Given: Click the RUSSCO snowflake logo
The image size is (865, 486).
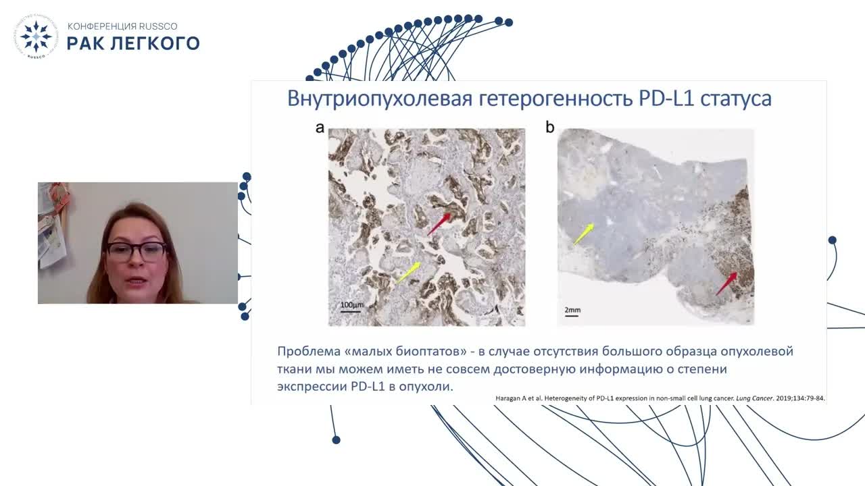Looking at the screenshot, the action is (x=36, y=36).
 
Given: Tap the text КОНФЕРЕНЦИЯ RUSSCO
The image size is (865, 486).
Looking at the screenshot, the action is (x=122, y=26).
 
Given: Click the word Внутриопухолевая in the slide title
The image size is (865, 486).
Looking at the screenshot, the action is (x=380, y=99).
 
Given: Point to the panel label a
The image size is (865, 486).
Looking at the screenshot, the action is (x=320, y=128).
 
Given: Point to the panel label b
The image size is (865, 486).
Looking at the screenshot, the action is (x=550, y=127).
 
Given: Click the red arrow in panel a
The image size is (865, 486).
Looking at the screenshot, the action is (x=439, y=224).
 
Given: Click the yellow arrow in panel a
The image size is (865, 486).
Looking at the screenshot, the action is (x=408, y=272).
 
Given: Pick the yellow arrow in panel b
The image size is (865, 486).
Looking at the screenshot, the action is (x=583, y=234).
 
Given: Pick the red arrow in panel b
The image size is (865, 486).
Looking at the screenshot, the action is (x=726, y=283).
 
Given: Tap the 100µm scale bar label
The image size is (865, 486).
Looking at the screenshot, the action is (x=352, y=304).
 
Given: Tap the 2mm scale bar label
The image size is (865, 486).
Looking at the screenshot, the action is (x=572, y=310).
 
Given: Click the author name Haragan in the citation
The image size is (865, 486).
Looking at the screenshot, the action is (x=508, y=398).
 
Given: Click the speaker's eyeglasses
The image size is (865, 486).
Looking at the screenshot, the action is (x=137, y=250).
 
